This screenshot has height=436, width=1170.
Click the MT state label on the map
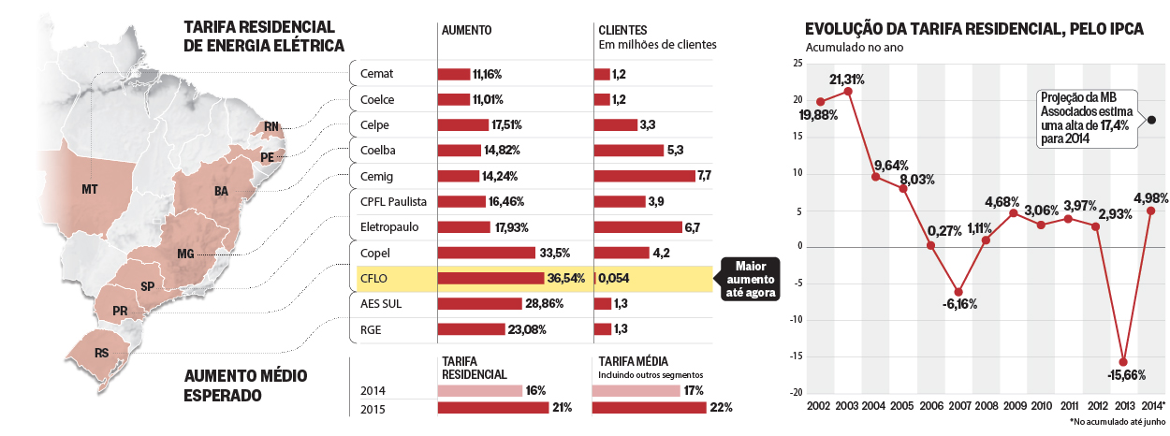click(x=90, y=190)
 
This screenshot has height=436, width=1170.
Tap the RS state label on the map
click(x=101, y=353)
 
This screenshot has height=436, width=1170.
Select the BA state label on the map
click(x=221, y=192)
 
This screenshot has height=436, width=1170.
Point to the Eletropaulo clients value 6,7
click(x=693, y=227)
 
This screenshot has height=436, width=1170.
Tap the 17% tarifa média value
click(x=720, y=390)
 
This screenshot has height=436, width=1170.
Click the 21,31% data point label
click(x=847, y=79)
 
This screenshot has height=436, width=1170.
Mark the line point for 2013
click(x=1123, y=362)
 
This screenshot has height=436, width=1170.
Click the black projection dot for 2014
click(x=1151, y=120)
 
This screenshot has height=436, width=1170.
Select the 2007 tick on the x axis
click(x=958, y=405)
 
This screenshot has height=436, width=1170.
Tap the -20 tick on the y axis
click(x=797, y=392)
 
